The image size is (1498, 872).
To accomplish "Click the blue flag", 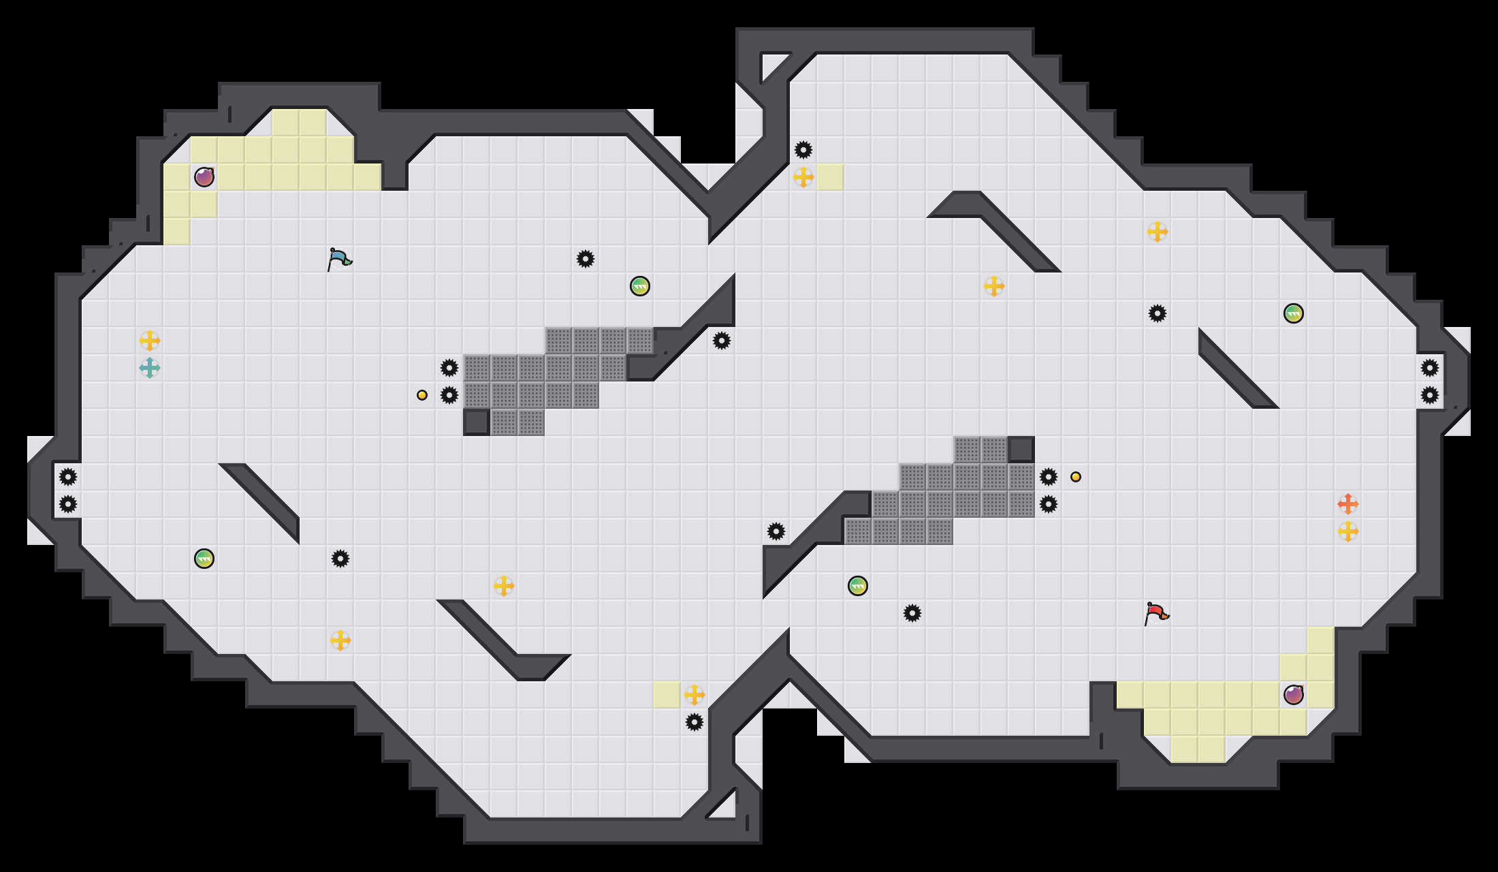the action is [339, 259].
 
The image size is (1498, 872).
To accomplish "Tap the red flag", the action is [1156, 613].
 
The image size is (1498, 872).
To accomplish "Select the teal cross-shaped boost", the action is [150, 368].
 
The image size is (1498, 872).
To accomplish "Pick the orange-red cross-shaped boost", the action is [1348, 504].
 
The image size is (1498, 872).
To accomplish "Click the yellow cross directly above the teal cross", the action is [150, 341].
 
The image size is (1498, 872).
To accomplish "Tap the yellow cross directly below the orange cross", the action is [1348, 531].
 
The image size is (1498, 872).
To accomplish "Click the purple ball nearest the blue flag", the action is [204, 177].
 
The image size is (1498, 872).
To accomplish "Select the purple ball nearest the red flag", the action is [1294, 695].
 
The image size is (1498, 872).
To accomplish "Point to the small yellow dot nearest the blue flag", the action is [422, 395].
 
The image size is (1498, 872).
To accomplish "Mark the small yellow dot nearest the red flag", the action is [1076, 477].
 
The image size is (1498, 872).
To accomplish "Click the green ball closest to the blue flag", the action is [640, 286].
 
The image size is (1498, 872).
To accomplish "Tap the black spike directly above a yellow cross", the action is [803, 150].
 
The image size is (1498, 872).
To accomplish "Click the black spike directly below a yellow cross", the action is [695, 722].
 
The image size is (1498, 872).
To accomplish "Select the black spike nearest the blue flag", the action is [449, 368].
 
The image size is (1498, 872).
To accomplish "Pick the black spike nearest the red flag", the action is [1049, 504].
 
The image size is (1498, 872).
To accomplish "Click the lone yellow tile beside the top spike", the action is [831, 177].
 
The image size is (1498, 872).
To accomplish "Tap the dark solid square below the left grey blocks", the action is [477, 422].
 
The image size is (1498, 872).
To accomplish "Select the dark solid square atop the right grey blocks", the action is [1021, 450].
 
